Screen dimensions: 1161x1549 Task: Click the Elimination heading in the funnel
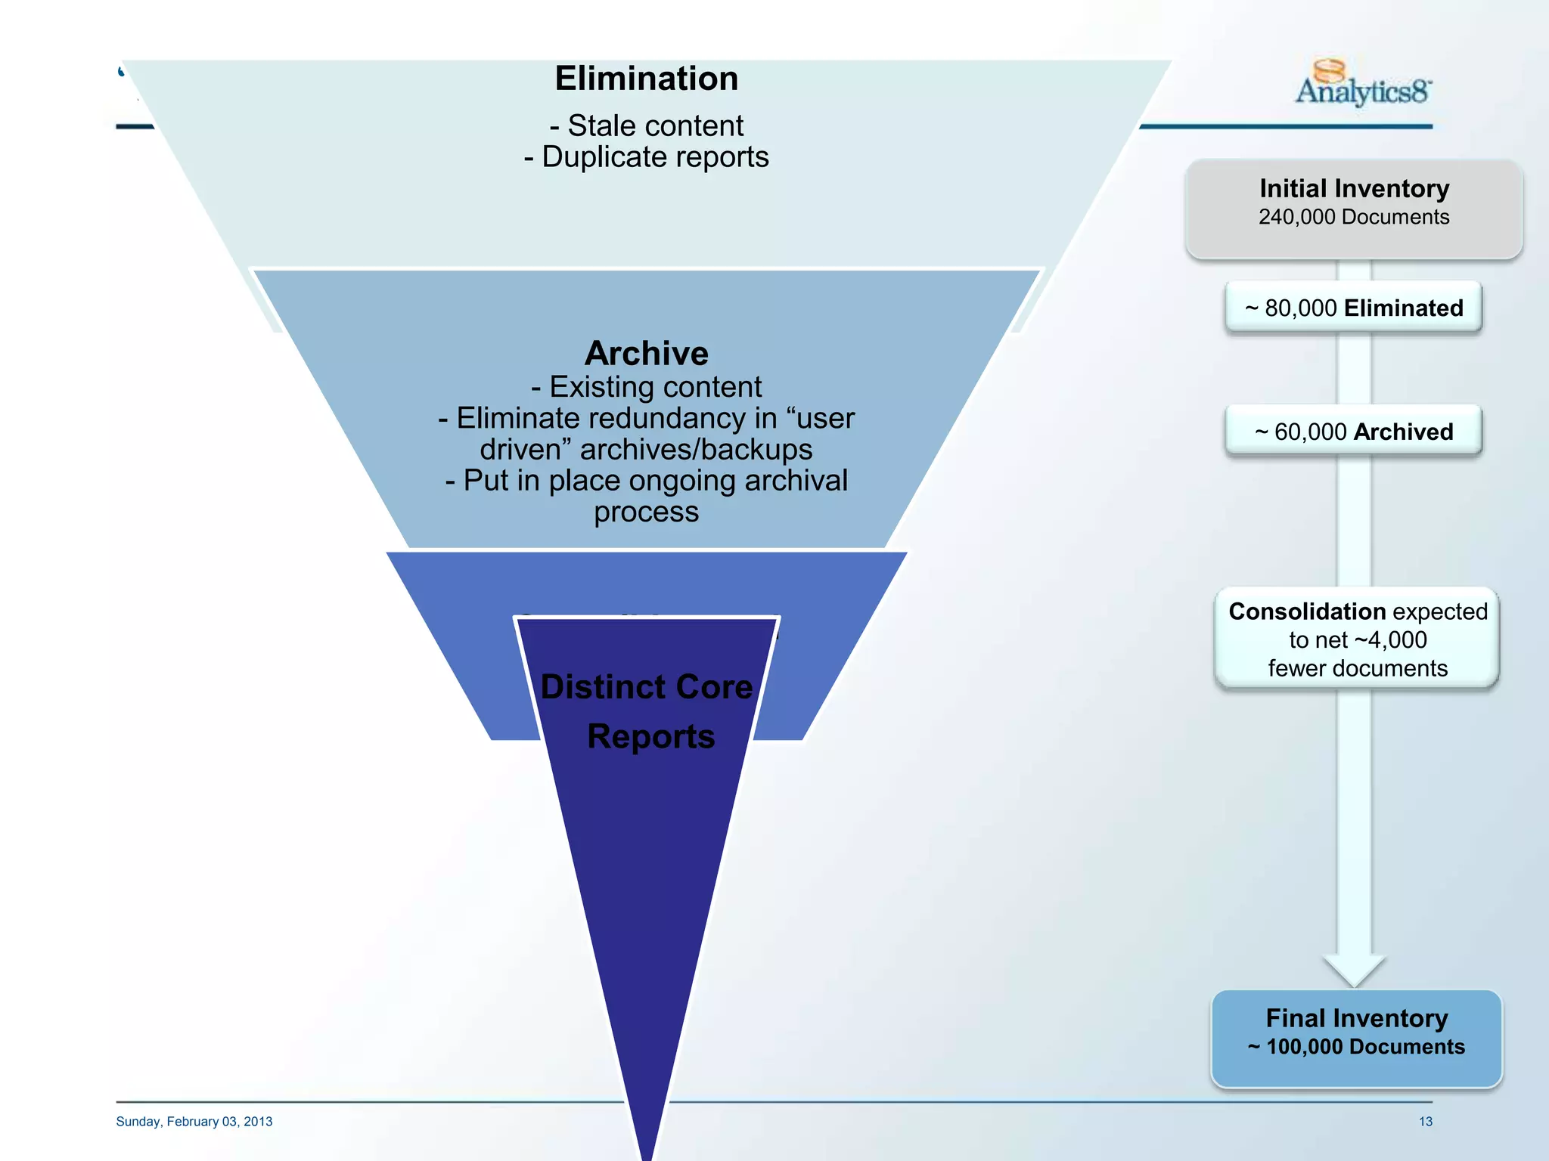click(646, 79)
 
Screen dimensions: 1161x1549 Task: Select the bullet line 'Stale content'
click(647, 125)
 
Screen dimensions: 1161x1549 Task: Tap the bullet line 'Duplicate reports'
click(647, 157)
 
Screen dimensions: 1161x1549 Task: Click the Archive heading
click(646, 353)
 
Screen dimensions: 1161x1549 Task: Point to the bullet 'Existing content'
click(647, 387)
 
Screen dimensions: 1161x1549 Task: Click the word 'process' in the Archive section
click(646, 512)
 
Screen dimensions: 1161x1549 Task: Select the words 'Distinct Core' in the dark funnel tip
click(647, 687)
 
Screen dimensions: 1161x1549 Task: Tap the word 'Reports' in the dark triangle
click(650, 736)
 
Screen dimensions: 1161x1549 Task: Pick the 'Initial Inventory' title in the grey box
click(1354, 188)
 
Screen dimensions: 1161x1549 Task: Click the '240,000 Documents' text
click(1354, 218)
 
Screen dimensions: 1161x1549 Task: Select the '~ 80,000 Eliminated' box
click(1353, 308)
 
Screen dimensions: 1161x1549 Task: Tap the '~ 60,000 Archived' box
click(1353, 432)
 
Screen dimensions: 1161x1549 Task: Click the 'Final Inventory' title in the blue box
click(1356, 1018)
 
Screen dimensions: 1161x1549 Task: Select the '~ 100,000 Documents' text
click(1356, 1047)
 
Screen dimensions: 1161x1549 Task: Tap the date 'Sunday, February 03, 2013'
click(194, 1122)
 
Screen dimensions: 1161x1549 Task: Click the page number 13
click(1425, 1122)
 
